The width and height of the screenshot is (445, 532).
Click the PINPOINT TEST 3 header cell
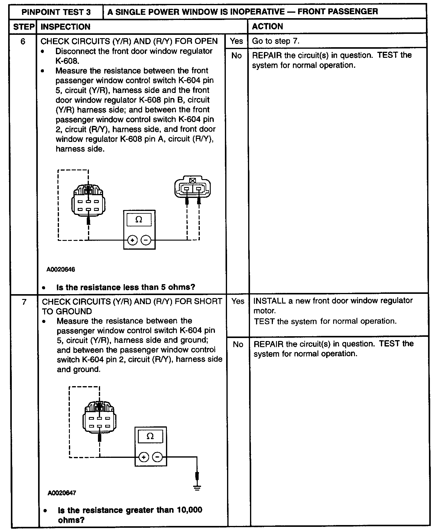56,12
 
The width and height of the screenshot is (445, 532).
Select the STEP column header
24,27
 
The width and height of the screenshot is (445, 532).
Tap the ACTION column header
268,27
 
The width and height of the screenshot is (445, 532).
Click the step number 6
23,41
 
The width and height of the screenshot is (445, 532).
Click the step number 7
24,302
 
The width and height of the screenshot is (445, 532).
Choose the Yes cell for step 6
236,41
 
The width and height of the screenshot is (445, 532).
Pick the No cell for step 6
236,56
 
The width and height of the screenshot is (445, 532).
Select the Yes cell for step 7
238,301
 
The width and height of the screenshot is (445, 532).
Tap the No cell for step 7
238,344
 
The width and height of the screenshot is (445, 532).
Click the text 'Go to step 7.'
276,41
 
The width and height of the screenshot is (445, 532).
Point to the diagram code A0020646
61,269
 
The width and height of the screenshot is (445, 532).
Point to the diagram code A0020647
62,493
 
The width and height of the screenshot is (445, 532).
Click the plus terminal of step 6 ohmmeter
132,240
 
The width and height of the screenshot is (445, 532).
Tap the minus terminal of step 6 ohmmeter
146,240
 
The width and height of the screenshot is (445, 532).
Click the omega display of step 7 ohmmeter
150,436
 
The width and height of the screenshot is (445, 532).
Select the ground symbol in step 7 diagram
197,488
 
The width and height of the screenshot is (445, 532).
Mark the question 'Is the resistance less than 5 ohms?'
125,287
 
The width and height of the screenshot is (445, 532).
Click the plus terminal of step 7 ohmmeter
144,457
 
